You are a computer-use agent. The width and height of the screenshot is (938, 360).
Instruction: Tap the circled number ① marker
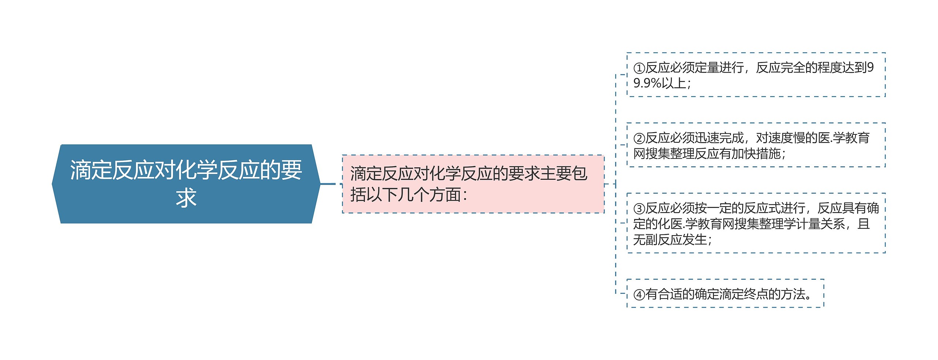click(x=639, y=68)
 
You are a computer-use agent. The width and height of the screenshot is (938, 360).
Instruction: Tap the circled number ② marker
click(x=639, y=138)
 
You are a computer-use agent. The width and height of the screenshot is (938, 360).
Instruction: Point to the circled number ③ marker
click(x=639, y=209)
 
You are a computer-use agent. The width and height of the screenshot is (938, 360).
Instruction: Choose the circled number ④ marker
click(x=639, y=294)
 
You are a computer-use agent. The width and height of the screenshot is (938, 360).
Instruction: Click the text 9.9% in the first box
click(x=647, y=83)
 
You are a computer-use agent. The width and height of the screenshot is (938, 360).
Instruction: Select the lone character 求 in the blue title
click(x=186, y=198)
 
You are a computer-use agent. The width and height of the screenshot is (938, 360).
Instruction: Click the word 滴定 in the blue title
click(x=91, y=170)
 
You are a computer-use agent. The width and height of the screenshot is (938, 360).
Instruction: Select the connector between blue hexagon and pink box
click(x=328, y=184)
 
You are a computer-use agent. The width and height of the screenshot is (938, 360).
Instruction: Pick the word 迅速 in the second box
click(x=707, y=138)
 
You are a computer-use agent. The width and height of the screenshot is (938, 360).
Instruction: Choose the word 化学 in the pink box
click(x=445, y=174)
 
